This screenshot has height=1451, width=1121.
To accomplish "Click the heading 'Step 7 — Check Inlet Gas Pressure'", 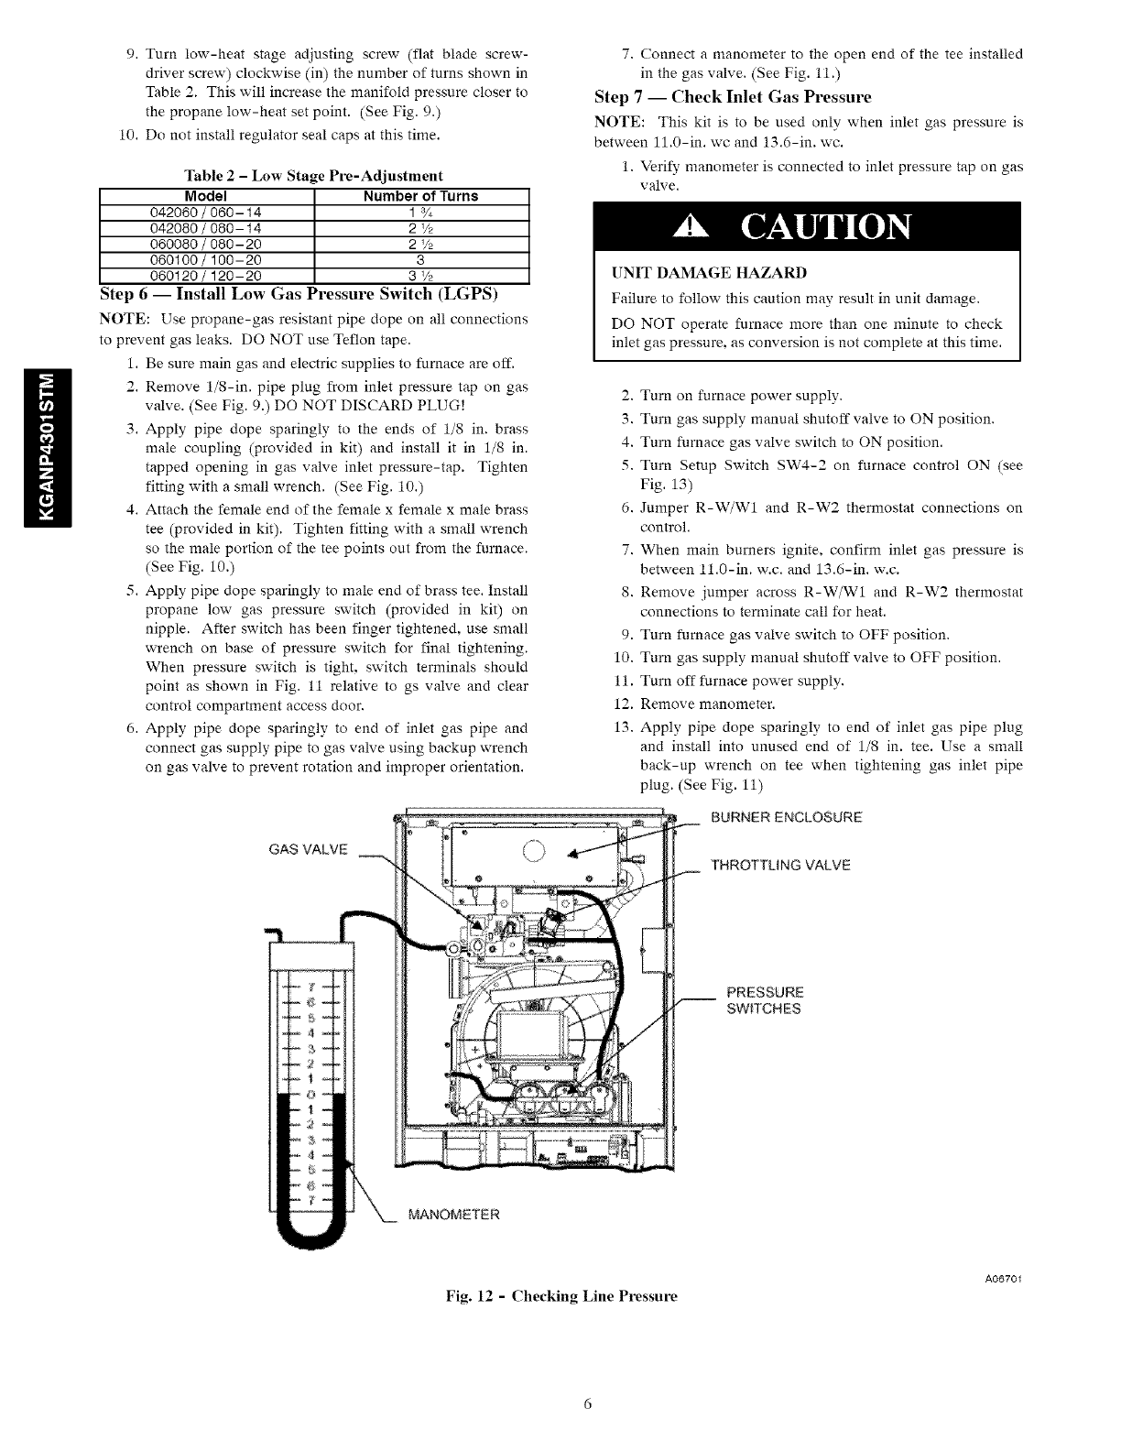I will [733, 97].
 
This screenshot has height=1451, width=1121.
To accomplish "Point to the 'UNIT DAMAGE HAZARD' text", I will [684, 273].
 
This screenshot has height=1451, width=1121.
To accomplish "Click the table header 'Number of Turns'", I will [420, 196].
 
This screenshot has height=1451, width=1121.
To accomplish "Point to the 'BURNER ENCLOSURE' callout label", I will [786, 817].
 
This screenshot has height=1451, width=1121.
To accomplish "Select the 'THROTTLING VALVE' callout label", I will [780, 865].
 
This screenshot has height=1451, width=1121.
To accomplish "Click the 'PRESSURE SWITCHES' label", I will [765, 1000].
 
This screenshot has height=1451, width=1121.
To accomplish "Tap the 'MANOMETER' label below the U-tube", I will [454, 1216].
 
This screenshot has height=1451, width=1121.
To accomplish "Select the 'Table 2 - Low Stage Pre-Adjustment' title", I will [314, 175].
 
